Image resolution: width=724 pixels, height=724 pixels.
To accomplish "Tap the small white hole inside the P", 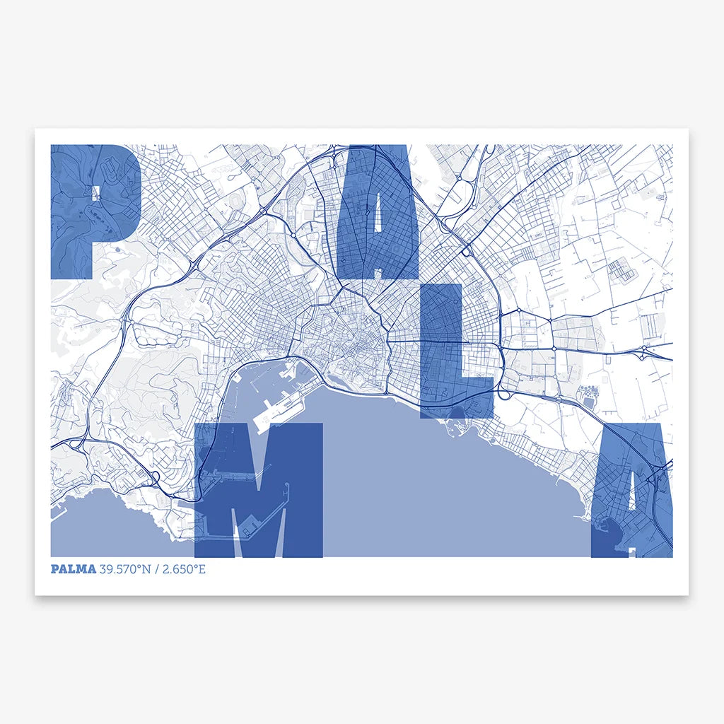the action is (94, 192).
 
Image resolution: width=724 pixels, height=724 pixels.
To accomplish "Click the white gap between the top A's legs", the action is (378, 271).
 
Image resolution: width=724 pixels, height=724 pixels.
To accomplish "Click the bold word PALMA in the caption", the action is (73, 569).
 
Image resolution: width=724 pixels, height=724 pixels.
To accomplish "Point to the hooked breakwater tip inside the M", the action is (287, 488).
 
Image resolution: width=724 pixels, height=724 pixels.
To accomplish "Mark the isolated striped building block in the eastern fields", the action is (618, 269).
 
